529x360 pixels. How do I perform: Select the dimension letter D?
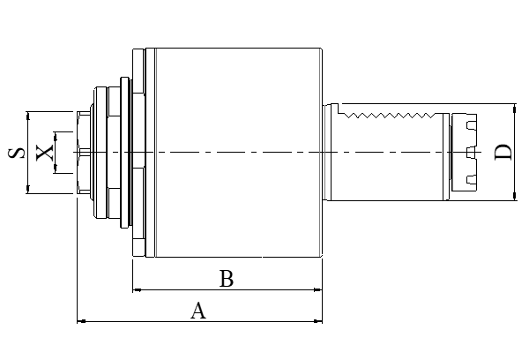[503, 152]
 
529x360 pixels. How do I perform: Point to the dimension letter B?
[226, 280]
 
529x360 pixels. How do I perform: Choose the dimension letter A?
[199, 311]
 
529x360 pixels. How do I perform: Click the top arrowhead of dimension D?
[515, 107]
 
